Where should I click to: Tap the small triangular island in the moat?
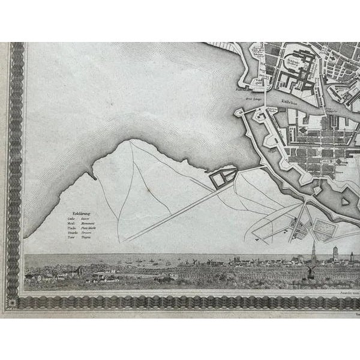click(x=346, y=202)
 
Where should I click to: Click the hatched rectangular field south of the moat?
click(x=326, y=230)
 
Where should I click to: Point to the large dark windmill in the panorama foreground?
click(x=311, y=272)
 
